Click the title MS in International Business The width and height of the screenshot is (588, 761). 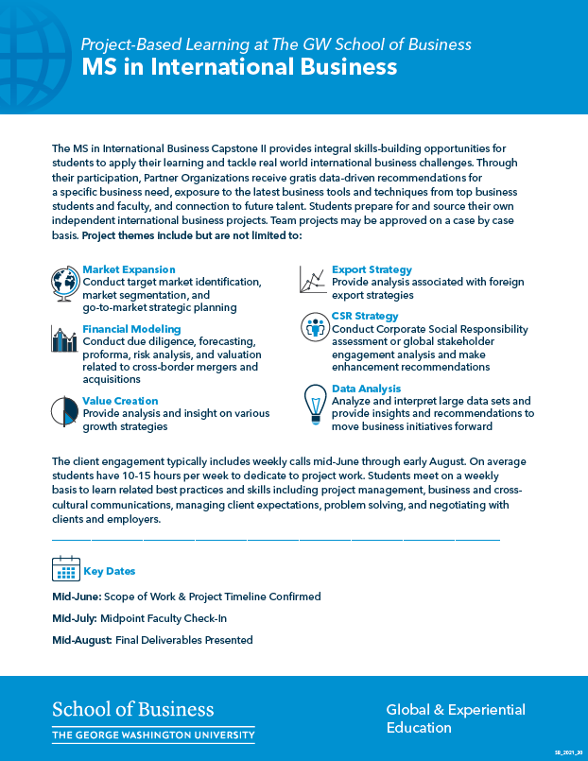[238, 67]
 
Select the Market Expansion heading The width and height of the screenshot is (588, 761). [129, 269]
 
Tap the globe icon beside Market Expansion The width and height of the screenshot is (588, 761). [64, 281]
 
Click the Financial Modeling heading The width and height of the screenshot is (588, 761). [131, 329]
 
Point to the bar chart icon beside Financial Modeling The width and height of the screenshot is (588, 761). [64, 339]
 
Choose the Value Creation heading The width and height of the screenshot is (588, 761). [120, 401]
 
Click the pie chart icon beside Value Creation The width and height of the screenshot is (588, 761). [64, 409]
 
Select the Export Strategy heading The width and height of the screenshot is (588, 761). [372, 269]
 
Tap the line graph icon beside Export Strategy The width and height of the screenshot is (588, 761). [313, 280]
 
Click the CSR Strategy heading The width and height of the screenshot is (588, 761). [365, 317]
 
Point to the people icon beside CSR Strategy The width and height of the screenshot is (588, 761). [313, 328]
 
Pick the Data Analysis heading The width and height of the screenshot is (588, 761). [366, 389]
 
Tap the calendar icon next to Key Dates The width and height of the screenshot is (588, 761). [64, 569]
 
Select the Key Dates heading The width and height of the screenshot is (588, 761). [110, 571]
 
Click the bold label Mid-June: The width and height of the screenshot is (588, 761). [77, 597]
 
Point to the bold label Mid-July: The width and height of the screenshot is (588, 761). [75, 618]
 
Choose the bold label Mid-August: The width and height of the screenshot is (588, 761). [82, 640]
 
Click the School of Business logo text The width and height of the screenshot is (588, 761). [133, 710]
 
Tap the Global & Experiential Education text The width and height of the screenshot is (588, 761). [456, 718]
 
